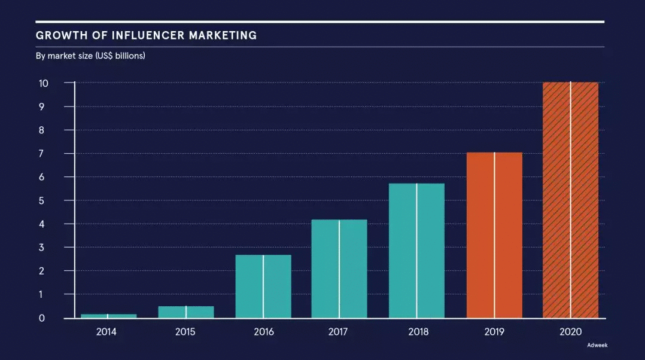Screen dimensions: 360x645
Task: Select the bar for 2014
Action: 108,316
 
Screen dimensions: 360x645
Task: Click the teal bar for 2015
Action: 185,312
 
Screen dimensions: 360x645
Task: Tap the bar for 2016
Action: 263,286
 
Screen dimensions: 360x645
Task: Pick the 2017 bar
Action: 339,269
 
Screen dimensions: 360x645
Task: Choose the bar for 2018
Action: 416,251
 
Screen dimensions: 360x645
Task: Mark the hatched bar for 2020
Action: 570,200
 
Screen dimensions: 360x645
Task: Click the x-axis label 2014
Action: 107,332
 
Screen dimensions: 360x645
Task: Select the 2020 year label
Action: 571,332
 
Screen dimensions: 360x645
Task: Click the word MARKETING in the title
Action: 223,35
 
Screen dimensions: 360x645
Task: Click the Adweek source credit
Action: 596,345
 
